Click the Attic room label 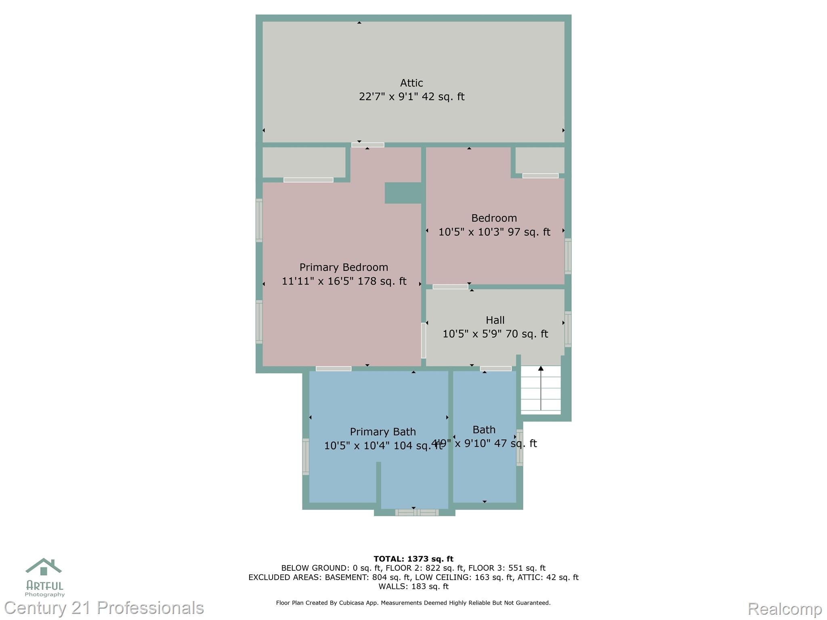coord(411,83)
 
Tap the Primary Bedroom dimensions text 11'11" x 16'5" coord(344,281)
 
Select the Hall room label coord(495,320)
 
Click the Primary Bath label coord(382,432)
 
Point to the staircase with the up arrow coord(541,390)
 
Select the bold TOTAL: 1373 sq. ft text coord(413,559)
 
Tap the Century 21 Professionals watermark coord(104,608)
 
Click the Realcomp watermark coord(784,608)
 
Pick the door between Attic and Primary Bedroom coord(367,145)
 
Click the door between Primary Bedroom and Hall coord(423,340)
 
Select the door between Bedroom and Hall coord(450,287)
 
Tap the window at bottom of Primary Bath coord(417,513)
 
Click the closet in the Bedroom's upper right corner coord(540,160)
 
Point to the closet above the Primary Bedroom coord(304,162)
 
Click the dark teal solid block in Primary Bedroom coord(403,193)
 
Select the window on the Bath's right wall coord(520,447)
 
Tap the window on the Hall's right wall coord(568,329)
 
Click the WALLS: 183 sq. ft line coord(413,586)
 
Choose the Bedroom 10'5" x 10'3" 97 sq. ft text coord(494,232)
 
